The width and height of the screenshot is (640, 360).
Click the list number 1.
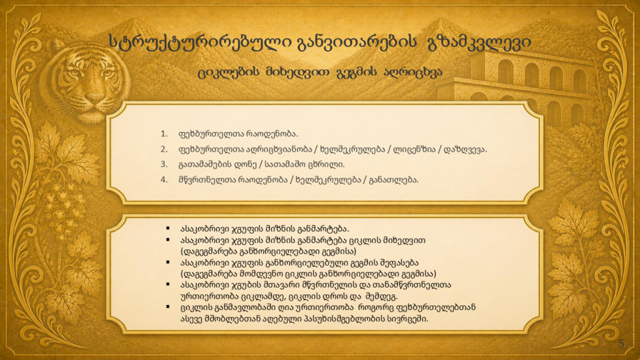[x=164, y=134]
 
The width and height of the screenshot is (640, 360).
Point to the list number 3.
[x=164, y=164]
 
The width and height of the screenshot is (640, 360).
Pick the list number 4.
[x=164, y=180]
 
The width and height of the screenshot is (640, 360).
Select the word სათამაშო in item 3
[x=285, y=164]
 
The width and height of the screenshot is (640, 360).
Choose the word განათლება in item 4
[x=394, y=180]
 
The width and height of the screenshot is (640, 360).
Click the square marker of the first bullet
[x=167, y=229]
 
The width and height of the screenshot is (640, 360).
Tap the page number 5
[x=621, y=343]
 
